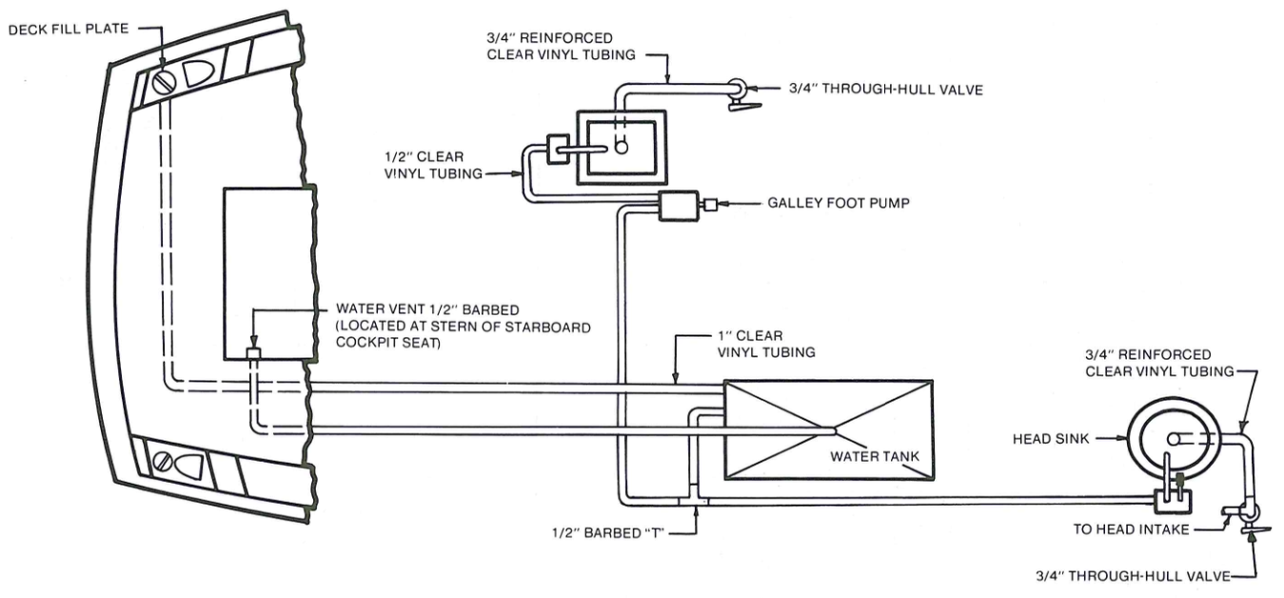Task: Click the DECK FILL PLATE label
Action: tap(69, 29)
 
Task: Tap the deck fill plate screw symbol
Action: tap(163, 84)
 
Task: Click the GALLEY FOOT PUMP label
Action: tap(838, 203)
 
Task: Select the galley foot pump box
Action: tap(678, 206)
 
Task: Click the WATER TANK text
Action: tap(874, 456)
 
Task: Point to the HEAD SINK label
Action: tap(1051, 439)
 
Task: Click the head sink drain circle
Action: tap(1173, 439)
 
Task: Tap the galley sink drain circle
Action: tap(621, 147)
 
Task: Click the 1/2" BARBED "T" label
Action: tap(607, 533)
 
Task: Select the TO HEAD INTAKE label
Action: tap(1131, 529)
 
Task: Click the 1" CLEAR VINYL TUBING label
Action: tap(766, 344)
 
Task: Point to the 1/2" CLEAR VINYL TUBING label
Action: tap(433, 165)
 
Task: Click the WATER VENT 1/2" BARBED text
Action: tap(427, 309)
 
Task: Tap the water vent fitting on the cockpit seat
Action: tap(253, 353)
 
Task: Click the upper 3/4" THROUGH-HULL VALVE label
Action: tap(885, 90)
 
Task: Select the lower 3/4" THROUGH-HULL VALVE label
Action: tap(1133, 576)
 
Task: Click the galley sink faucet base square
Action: tap(558, 149)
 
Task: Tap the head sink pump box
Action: tap(1173, 502)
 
